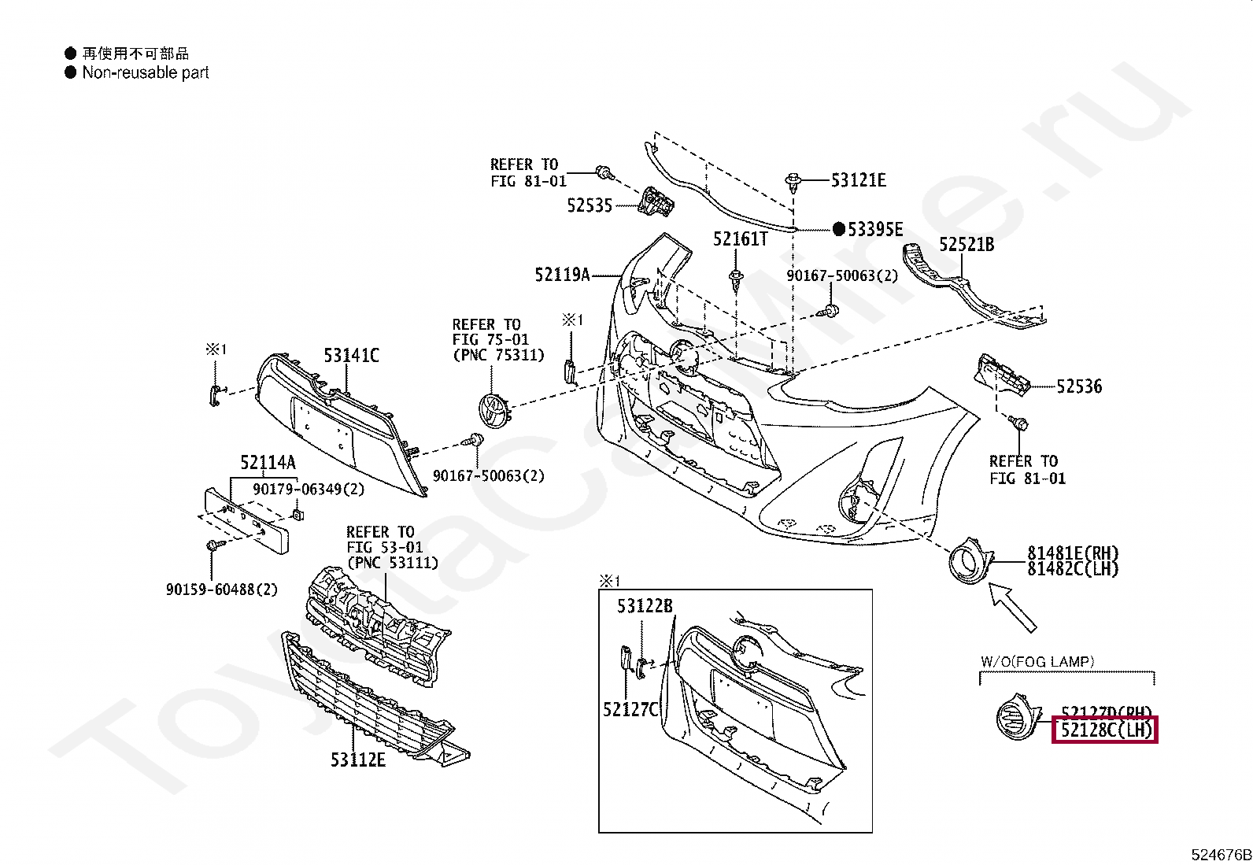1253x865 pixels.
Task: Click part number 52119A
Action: (562, 275)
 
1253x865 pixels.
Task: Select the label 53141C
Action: (351, 356)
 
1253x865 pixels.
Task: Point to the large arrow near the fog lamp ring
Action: (1013, 607)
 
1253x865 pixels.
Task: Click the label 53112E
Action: (358, 760)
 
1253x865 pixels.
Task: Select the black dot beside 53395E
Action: (838, 229)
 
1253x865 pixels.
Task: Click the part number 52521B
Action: (967, 245)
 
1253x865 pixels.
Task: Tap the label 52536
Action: (1079, 386)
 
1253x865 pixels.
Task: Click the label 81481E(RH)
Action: (1072, 553)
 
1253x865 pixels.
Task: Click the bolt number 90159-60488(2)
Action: (221, 589)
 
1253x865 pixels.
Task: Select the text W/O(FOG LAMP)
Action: (1037, 662)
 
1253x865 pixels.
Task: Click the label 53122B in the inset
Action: (645, 606)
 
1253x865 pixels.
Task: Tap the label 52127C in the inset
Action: (630, 710)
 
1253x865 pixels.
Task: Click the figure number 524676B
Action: (1220, 855)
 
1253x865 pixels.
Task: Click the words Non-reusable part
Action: (146, 72)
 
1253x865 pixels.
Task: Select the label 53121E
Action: (859, 180)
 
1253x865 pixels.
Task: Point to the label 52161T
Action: (740, 238)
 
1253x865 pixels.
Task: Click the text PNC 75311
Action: (498, 355)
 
